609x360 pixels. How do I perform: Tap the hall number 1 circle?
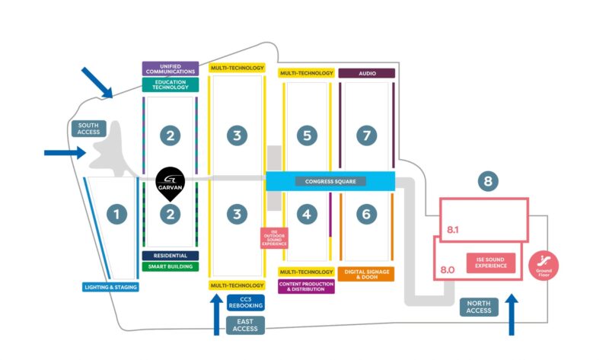[x=116, y=215]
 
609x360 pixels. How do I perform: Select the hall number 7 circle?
[x=367, y=136]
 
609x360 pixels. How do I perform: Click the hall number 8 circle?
[x=489, y=181]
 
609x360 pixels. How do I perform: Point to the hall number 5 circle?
[x=307, y=136]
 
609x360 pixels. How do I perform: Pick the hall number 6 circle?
[x=366, y=215]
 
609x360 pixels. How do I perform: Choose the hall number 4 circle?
[x=307, y=215]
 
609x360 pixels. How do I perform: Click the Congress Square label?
[x=330, y=181]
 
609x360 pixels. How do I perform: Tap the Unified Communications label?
[x=171, y=68]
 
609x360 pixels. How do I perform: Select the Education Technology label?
[x=171, y=84]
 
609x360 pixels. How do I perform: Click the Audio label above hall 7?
[x=366, y=73]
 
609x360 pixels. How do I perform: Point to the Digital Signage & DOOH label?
[x=366, y=274]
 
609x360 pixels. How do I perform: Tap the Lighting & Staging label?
[x=110, y=287]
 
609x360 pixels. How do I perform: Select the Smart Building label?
[x=171, y=267]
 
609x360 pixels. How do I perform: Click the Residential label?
[x=171, y=256]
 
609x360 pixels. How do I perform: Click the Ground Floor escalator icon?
[x=544, y=264]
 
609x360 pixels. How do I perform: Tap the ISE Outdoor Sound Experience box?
[x=274, y=238]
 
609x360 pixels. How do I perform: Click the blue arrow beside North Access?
[x=512, y=312]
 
